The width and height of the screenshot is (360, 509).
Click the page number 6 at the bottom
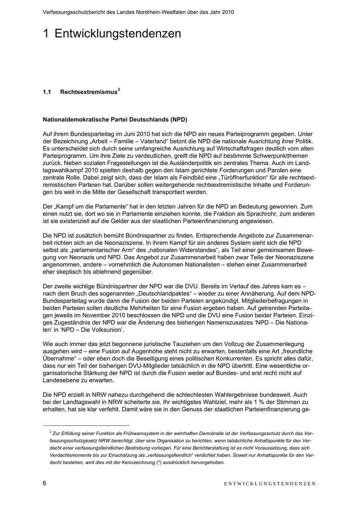[44, 483]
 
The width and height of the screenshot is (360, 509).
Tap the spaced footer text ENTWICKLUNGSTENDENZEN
[270, 483]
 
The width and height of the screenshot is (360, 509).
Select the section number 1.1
[47, 92]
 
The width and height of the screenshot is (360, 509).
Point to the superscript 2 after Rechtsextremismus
[119, 90]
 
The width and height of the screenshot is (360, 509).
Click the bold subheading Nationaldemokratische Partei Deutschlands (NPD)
[115, 120]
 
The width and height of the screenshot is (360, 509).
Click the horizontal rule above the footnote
[86, 425]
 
